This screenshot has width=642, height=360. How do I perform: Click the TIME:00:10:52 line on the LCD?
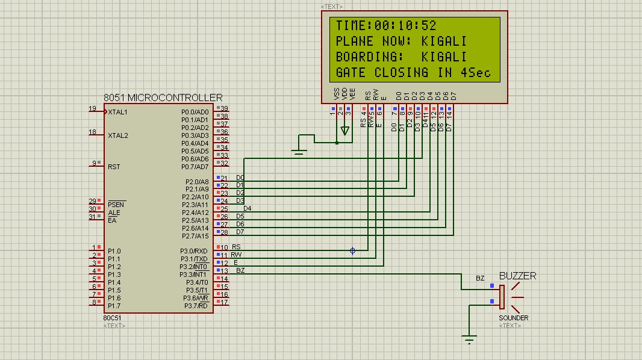click(386, 26)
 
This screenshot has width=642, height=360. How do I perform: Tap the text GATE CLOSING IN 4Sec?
click(413, 73)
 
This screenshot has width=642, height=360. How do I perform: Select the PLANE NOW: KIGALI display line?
click(401, 42)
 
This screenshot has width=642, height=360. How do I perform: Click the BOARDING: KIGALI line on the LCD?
click(401, 57)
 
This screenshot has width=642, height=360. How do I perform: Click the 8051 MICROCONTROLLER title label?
click(163, 98)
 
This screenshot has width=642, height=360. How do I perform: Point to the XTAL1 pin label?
click(118, 112)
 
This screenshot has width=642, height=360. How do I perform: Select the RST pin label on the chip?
click(114, 167)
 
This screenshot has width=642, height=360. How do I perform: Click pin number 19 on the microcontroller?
click(92, 109)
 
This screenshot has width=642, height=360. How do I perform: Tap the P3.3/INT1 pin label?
click(193, 275)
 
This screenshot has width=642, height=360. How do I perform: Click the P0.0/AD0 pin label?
click(195, 112)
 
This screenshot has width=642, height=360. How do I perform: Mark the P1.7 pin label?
click(114, 306)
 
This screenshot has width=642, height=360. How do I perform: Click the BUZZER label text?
click(517, 276)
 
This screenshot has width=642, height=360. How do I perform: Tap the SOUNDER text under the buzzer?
click(513, 318)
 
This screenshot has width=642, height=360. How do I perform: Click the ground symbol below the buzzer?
click(470, 339)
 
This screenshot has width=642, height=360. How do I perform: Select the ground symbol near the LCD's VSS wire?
click(299, 152)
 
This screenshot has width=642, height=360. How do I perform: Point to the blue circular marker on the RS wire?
click(353, 250)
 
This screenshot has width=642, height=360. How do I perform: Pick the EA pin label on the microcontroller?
click(112, 220)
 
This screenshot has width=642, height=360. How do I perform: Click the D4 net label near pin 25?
click(248, 208)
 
